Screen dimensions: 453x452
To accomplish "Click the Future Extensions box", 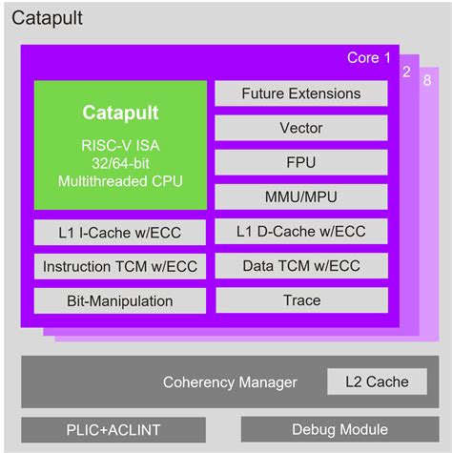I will point(301,93).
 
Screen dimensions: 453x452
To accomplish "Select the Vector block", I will point(301,128).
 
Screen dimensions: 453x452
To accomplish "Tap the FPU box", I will point(301,162).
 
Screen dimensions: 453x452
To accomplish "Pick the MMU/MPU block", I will point(301,196).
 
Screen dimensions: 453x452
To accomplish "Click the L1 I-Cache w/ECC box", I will point(119,233).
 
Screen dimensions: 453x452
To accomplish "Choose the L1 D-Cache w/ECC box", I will point(301,232).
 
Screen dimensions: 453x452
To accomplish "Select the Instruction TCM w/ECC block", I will point(119,267).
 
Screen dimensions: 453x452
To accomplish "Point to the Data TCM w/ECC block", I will point(301,266).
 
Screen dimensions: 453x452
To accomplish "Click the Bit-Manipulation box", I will point(119,301).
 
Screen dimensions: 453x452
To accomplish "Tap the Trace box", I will point(301,300).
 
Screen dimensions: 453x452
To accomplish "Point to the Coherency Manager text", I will point(230,382).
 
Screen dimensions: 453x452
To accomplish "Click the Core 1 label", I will point(368,58).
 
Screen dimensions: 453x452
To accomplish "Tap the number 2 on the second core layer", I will point(405,72).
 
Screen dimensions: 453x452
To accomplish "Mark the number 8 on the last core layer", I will point(426,81).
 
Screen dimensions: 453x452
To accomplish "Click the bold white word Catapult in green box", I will point(120,113).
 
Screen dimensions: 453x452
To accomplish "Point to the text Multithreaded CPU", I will point(120,180).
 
